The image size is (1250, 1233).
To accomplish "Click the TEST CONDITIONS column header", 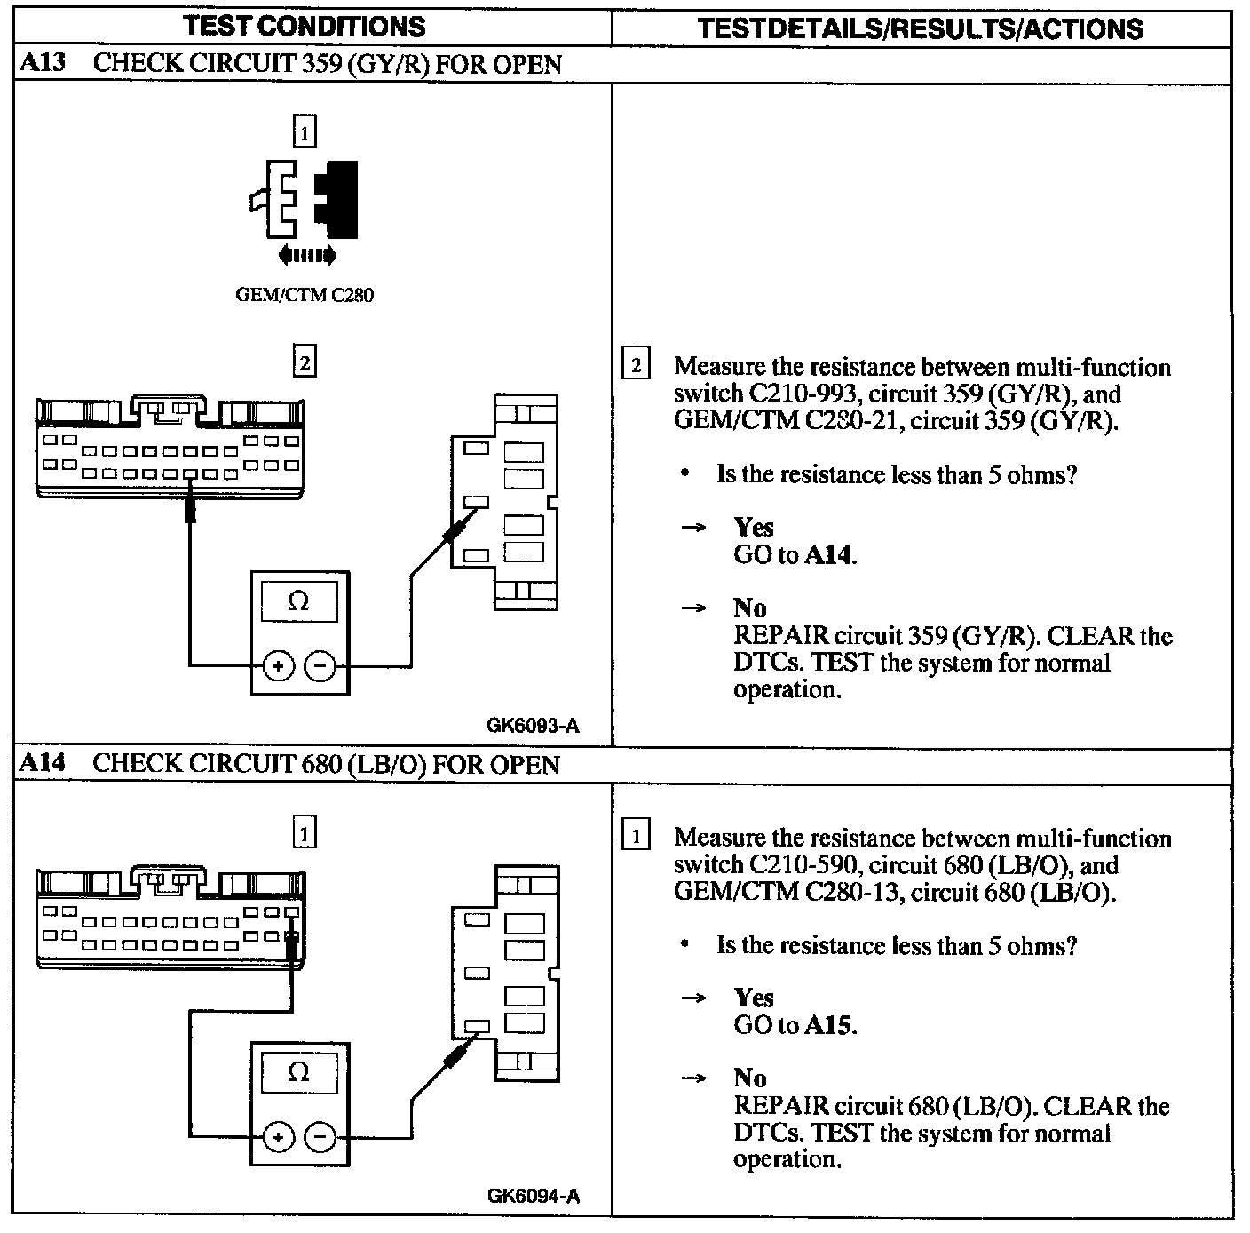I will coord(304,27).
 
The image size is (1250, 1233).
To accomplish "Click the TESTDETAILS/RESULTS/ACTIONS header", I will coord(920,28).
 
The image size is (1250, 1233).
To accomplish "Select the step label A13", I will coord(44,64).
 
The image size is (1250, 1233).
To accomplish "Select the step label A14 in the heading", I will coord(44,764).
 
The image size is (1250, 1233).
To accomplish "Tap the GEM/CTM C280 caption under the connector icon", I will coord(304,296).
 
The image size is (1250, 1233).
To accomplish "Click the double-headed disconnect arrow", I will coord(307,257).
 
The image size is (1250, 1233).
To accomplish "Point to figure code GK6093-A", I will coord(533,726).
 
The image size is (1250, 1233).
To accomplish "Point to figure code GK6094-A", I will coord(533,1196).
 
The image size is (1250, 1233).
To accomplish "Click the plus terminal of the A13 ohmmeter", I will coord(278,666).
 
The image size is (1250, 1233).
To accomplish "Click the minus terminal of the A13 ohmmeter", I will coord(320,666).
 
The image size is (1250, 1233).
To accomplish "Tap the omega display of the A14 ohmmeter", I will coord(299,1072).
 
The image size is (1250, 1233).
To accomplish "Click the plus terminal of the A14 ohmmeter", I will coord(278,1137).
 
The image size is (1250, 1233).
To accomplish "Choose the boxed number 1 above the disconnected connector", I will coord(305,133).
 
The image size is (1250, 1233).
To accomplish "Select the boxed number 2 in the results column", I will coord(636,366).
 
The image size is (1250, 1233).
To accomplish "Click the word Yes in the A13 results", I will coord(754,528).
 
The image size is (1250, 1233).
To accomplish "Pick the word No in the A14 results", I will coord(750,1078).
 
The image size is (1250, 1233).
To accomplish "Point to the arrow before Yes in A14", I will coord(693,999).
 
